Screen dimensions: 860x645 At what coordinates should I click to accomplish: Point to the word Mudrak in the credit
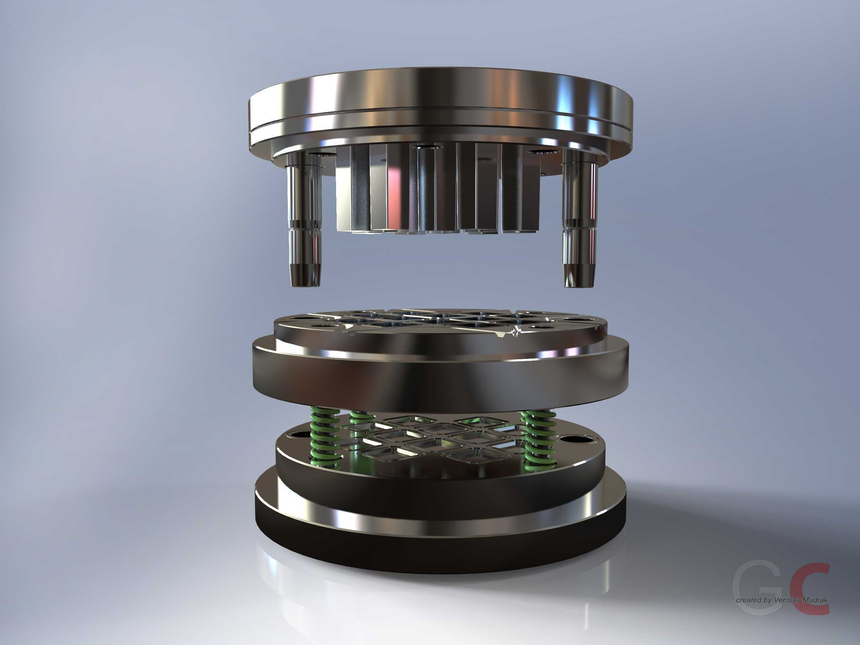(x=812, y=600)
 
